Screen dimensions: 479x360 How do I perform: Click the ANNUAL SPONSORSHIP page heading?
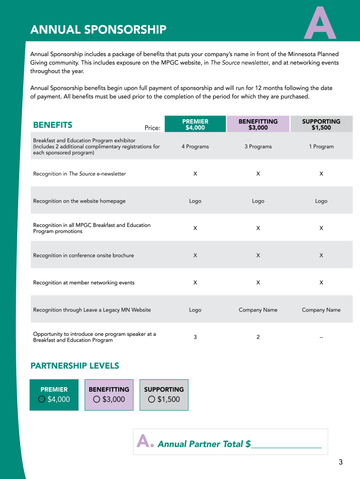(98, 30)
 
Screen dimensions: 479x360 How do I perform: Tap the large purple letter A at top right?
(320, 24)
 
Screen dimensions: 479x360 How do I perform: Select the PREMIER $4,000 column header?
(195, 124)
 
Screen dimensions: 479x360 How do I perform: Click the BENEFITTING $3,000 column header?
(258, 124)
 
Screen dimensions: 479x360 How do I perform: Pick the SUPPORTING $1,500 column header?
(321, 124)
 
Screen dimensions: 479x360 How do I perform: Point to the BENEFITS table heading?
(53, 125)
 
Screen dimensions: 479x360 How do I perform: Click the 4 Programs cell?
(195, 146)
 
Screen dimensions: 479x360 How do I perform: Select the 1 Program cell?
(321, 146)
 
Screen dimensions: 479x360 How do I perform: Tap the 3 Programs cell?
(258, 146)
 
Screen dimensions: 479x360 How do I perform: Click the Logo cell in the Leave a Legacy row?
(195, 310)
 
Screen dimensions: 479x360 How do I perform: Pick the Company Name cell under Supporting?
(321, 310)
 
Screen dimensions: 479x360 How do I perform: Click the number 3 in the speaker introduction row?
(195, 337)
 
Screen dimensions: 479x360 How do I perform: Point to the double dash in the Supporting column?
(321, 337)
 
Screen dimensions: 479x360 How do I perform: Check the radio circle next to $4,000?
(42, 399)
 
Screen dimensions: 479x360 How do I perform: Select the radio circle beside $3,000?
(97, 399)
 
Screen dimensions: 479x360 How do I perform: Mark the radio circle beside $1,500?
(151, 399)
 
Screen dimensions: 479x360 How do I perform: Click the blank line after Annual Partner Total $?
(286, 444)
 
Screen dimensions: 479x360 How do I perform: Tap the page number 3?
(341, 463)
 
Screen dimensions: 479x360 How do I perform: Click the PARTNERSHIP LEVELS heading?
(75, 366)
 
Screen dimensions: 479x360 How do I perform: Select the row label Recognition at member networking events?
(84, 283)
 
